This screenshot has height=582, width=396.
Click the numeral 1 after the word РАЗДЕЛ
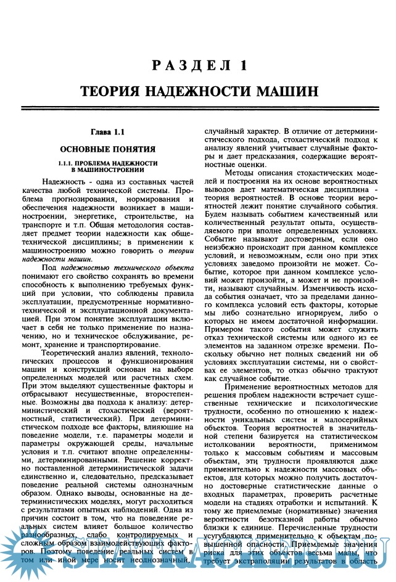click(x=244, y=65)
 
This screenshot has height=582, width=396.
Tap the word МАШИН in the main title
click(x=286, y=91)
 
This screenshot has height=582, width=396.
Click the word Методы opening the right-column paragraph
click(x=239, y=171)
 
